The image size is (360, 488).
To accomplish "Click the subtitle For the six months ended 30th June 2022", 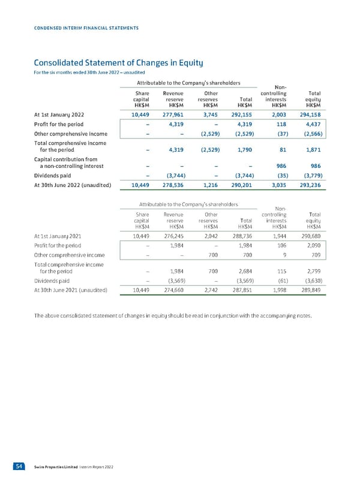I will (80, 73).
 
